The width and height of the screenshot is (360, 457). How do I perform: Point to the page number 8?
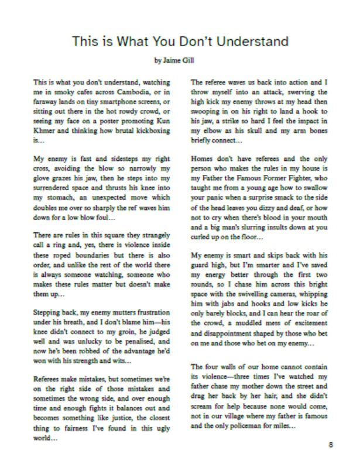331,443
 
